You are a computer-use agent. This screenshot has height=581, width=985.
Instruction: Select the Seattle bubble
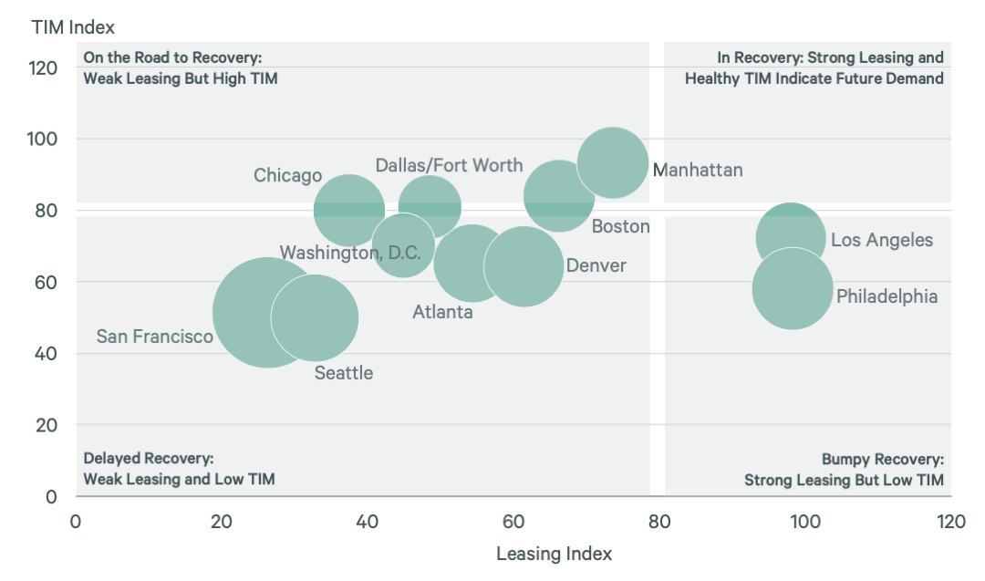pos(314,318)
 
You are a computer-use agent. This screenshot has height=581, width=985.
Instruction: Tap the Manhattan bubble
pos(613,162)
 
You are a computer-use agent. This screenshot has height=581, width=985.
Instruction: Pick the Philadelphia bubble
pos(793,289)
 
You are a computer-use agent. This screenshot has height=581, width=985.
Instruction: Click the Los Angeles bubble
pos(791,235)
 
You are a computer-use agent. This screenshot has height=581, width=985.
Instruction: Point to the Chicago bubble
pos(348,209)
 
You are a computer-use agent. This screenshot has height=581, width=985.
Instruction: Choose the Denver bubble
pos(523,265)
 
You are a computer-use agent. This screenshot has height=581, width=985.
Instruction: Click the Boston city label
pos(620,226)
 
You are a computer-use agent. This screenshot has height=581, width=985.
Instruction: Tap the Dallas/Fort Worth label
pos(449,165)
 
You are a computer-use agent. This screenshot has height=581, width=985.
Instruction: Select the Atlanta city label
pos(442,312)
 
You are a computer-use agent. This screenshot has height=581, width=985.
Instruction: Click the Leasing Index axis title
pos(554,554)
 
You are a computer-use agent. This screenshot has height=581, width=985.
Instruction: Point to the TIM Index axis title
pos(73,27)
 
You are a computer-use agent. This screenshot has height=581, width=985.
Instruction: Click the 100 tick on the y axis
pos(44,139)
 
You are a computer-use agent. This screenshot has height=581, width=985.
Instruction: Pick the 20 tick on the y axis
pos(48,425)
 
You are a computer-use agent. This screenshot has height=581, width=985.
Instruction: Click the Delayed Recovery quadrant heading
pos(148,459)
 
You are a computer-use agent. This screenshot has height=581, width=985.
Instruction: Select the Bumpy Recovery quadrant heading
pos(882,459)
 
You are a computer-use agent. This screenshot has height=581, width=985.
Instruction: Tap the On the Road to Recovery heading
pos(172,57)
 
